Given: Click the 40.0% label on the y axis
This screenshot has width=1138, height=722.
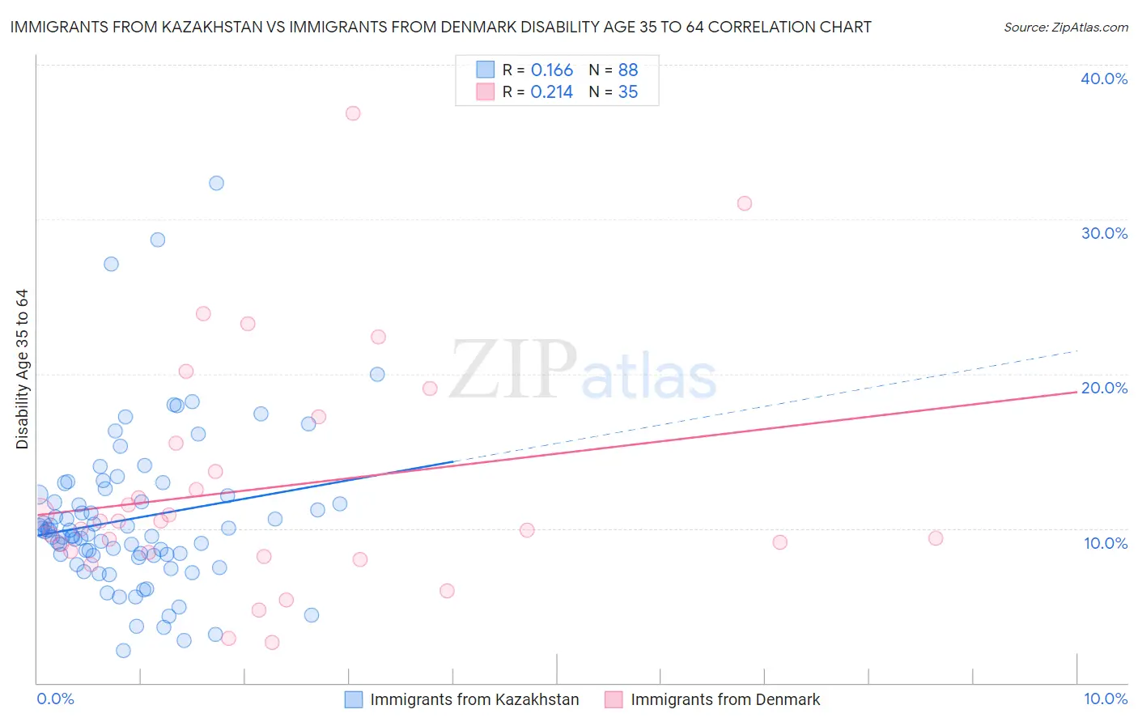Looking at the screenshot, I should pos(1104,79).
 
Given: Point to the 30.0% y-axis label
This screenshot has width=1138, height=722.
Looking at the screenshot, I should pos(1104,233).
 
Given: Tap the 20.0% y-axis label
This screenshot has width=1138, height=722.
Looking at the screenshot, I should pos(1104,388).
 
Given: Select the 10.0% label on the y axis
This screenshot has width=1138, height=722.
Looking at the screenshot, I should pos(1106,543).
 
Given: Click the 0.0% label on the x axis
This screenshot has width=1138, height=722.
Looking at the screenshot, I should pos(55,699).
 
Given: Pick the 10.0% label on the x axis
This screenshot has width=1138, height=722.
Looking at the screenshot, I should pos(1106,699).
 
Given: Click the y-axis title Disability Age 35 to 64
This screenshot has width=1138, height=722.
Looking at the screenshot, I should pos(22,369).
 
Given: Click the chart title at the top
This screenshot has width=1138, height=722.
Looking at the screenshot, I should pos(440,27).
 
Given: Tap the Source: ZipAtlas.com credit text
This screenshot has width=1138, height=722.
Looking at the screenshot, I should pos(1066,27).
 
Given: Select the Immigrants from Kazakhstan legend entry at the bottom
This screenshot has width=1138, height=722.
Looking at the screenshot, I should pos(474,699).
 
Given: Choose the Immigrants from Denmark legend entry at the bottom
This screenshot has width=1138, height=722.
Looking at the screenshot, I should pos(725,699).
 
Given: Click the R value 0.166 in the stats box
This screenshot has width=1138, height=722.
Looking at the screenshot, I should pos(552,70).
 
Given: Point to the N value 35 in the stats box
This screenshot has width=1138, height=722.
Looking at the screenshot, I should pos(628,92).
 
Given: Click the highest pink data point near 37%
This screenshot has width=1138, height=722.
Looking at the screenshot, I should pos(353,113).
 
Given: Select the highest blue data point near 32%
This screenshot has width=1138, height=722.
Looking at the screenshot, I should pos(216,183).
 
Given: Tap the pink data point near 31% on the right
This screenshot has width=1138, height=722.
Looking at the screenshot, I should pos(745,203).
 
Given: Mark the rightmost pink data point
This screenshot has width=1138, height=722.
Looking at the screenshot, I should pos(936,538).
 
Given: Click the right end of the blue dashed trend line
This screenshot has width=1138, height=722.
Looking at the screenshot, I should pos(1078,351).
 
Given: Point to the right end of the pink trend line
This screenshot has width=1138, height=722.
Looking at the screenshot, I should pos(1076,392).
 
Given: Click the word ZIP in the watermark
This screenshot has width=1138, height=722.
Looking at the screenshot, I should pos(513,369).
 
